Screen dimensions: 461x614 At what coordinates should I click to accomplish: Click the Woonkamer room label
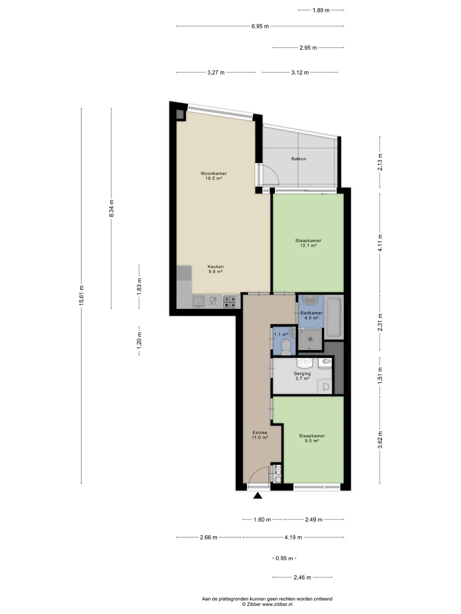tap(214, 173)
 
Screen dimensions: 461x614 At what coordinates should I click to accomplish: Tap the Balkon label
tap(299, 159)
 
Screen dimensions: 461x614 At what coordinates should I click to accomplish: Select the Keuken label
tap(215, 267)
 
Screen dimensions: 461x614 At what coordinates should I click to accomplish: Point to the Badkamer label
tap(311, 313)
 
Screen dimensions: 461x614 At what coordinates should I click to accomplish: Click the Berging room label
tap(302, 374)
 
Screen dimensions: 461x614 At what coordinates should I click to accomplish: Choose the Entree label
tap(260, 433)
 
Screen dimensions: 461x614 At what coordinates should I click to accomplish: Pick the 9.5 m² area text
tap(312, 441)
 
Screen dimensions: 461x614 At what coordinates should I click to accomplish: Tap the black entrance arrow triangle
tap(258, 496)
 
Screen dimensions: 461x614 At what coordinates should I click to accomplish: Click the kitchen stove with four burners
tap(230, 301)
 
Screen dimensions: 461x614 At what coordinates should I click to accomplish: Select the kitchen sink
tap(198, 301)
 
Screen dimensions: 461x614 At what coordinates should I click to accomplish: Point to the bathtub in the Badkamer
tap(334, 317)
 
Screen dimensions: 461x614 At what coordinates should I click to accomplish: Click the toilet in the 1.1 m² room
tap(286, 347)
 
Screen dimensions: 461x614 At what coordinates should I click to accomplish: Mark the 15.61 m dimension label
tap(81, 295)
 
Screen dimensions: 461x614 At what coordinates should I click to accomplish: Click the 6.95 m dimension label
tap(260, 26)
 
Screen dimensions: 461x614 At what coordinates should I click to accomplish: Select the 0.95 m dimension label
tap(284, 558)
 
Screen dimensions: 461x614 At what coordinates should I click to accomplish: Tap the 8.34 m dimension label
tap(111, 209)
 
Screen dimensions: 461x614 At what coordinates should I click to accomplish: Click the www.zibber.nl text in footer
tap(277, 604)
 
